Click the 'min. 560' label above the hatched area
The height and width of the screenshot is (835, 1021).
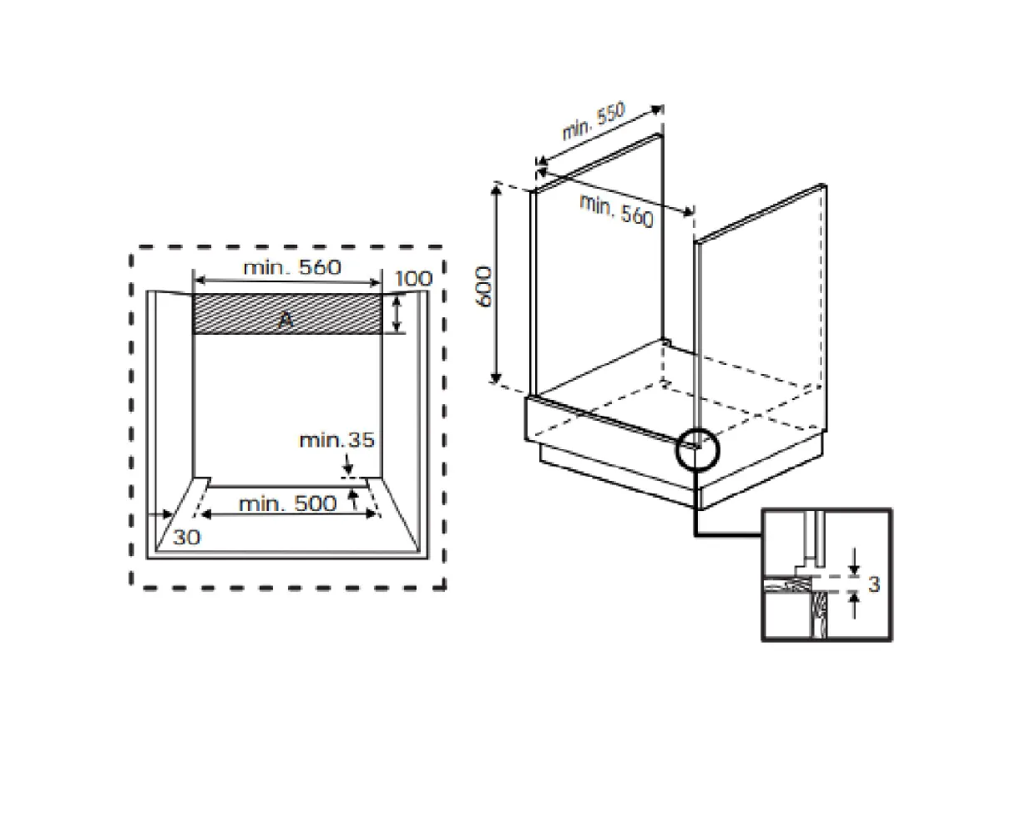click(292, 267)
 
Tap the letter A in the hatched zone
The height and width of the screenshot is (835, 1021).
click(286, 320)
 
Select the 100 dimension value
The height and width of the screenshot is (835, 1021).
click(413, 279)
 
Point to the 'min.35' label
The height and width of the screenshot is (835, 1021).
click(337, 440)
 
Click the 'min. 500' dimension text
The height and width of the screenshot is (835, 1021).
click(287, 504)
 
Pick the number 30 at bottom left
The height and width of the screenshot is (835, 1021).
click(186, 537)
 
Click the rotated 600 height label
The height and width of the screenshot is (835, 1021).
click(483, 286)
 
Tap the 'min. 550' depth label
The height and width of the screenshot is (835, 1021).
click(594, 120)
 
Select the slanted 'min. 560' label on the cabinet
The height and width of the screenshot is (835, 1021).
click(616, 210)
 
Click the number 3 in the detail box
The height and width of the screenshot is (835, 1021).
click(874, 584)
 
